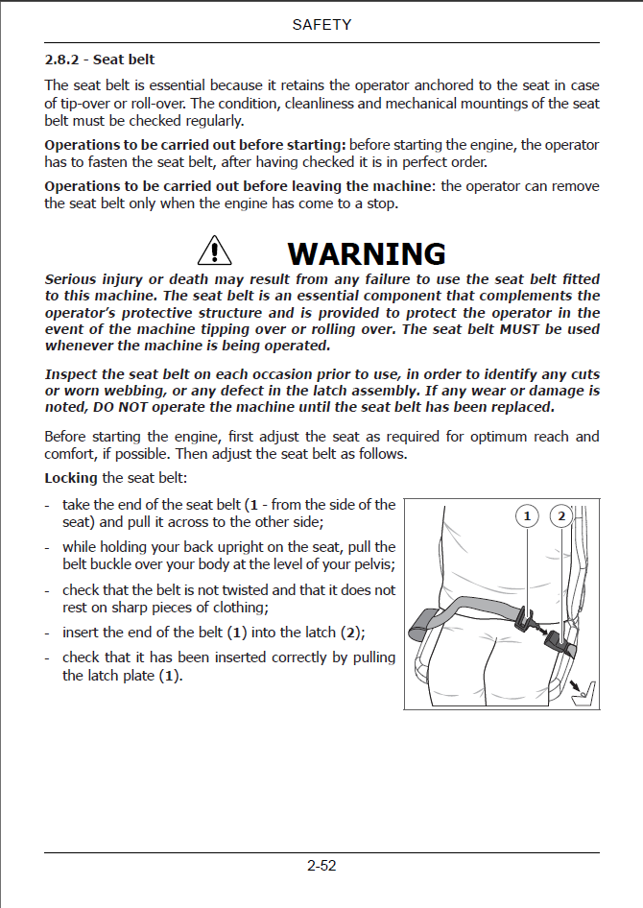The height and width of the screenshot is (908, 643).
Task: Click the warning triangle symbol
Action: coord(214,251)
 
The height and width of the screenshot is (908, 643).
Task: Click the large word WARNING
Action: coord(367,253)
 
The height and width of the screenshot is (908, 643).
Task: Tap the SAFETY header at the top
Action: coord(321,25)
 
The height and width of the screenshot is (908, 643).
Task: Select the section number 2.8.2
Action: coord(66,60)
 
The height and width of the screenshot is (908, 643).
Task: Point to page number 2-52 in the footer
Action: coord(321,865)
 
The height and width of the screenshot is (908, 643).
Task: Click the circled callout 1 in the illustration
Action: coord(527,517)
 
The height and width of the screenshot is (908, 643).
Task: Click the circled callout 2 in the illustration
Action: coord(561,517)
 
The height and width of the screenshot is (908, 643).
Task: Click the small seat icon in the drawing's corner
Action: coord(582,690)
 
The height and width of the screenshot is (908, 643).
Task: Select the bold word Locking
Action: coord(71,478)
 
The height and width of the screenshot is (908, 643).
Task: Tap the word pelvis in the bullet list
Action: coord(371,563)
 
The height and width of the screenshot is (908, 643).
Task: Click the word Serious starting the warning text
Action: coord(73,279)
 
